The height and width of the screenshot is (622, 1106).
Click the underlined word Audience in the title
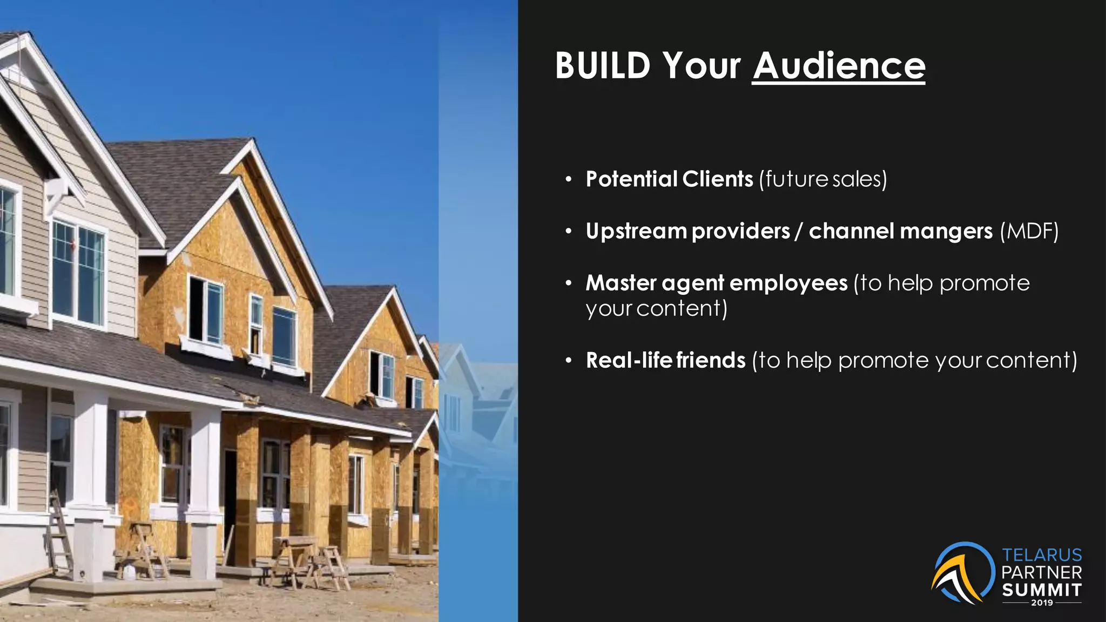[839, 66]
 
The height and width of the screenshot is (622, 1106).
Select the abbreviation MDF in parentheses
[1029, 231]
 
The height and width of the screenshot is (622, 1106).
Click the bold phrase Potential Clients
[669, 179]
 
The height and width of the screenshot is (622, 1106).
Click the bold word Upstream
[636, 231]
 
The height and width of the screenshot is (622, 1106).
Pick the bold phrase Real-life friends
[665, 360]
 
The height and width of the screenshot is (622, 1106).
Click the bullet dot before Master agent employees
[568, 283]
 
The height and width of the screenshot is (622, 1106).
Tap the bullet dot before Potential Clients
[568, 180]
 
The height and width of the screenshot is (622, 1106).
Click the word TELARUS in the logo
[1042, 555]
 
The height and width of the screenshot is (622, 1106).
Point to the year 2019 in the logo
[1042, 603]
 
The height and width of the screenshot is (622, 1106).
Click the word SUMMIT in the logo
[1042, 590]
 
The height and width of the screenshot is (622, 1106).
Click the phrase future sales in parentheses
[822, 179]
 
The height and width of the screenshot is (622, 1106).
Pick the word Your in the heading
[702, 66]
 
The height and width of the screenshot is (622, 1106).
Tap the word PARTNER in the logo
[1042, 572]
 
